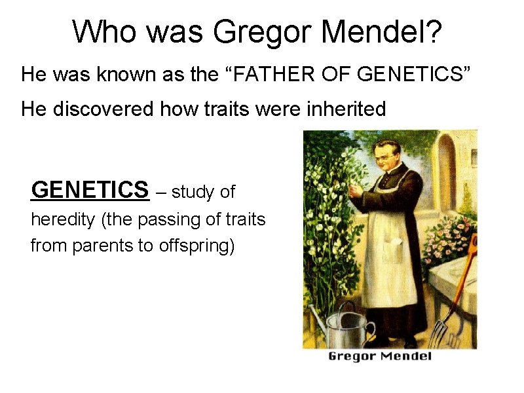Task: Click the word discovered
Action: [103, 109]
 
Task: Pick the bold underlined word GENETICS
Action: [90, 190]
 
